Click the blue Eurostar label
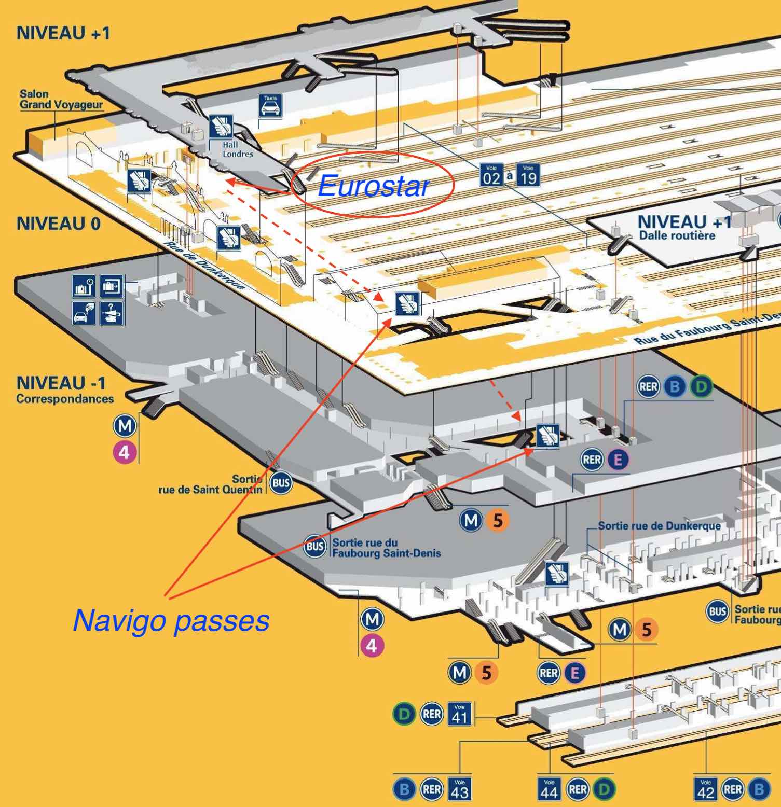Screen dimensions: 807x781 (x=373, y=186)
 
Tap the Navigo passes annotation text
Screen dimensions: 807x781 (x=171, y=620)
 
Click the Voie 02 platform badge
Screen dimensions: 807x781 (x=491, y=176)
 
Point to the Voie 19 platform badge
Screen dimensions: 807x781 (x=528, y=176)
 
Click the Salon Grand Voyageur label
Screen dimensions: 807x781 (x=61, y=100)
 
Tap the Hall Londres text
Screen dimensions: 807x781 (x=238, y=149)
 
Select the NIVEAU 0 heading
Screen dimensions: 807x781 (x=58, y=224)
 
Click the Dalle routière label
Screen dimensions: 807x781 (x=677, y=235)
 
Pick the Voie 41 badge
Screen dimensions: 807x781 (x=459, y=714)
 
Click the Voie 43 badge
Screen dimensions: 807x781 (x=459, y=789)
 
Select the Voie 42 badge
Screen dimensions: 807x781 (x=705, y=789)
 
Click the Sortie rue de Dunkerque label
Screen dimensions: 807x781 (x=659, y=525)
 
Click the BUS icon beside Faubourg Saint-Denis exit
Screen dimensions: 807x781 (x=314, y=547)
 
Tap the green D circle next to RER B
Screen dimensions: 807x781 (x=701, y=387)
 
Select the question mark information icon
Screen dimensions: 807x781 (x=112, y=313)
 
